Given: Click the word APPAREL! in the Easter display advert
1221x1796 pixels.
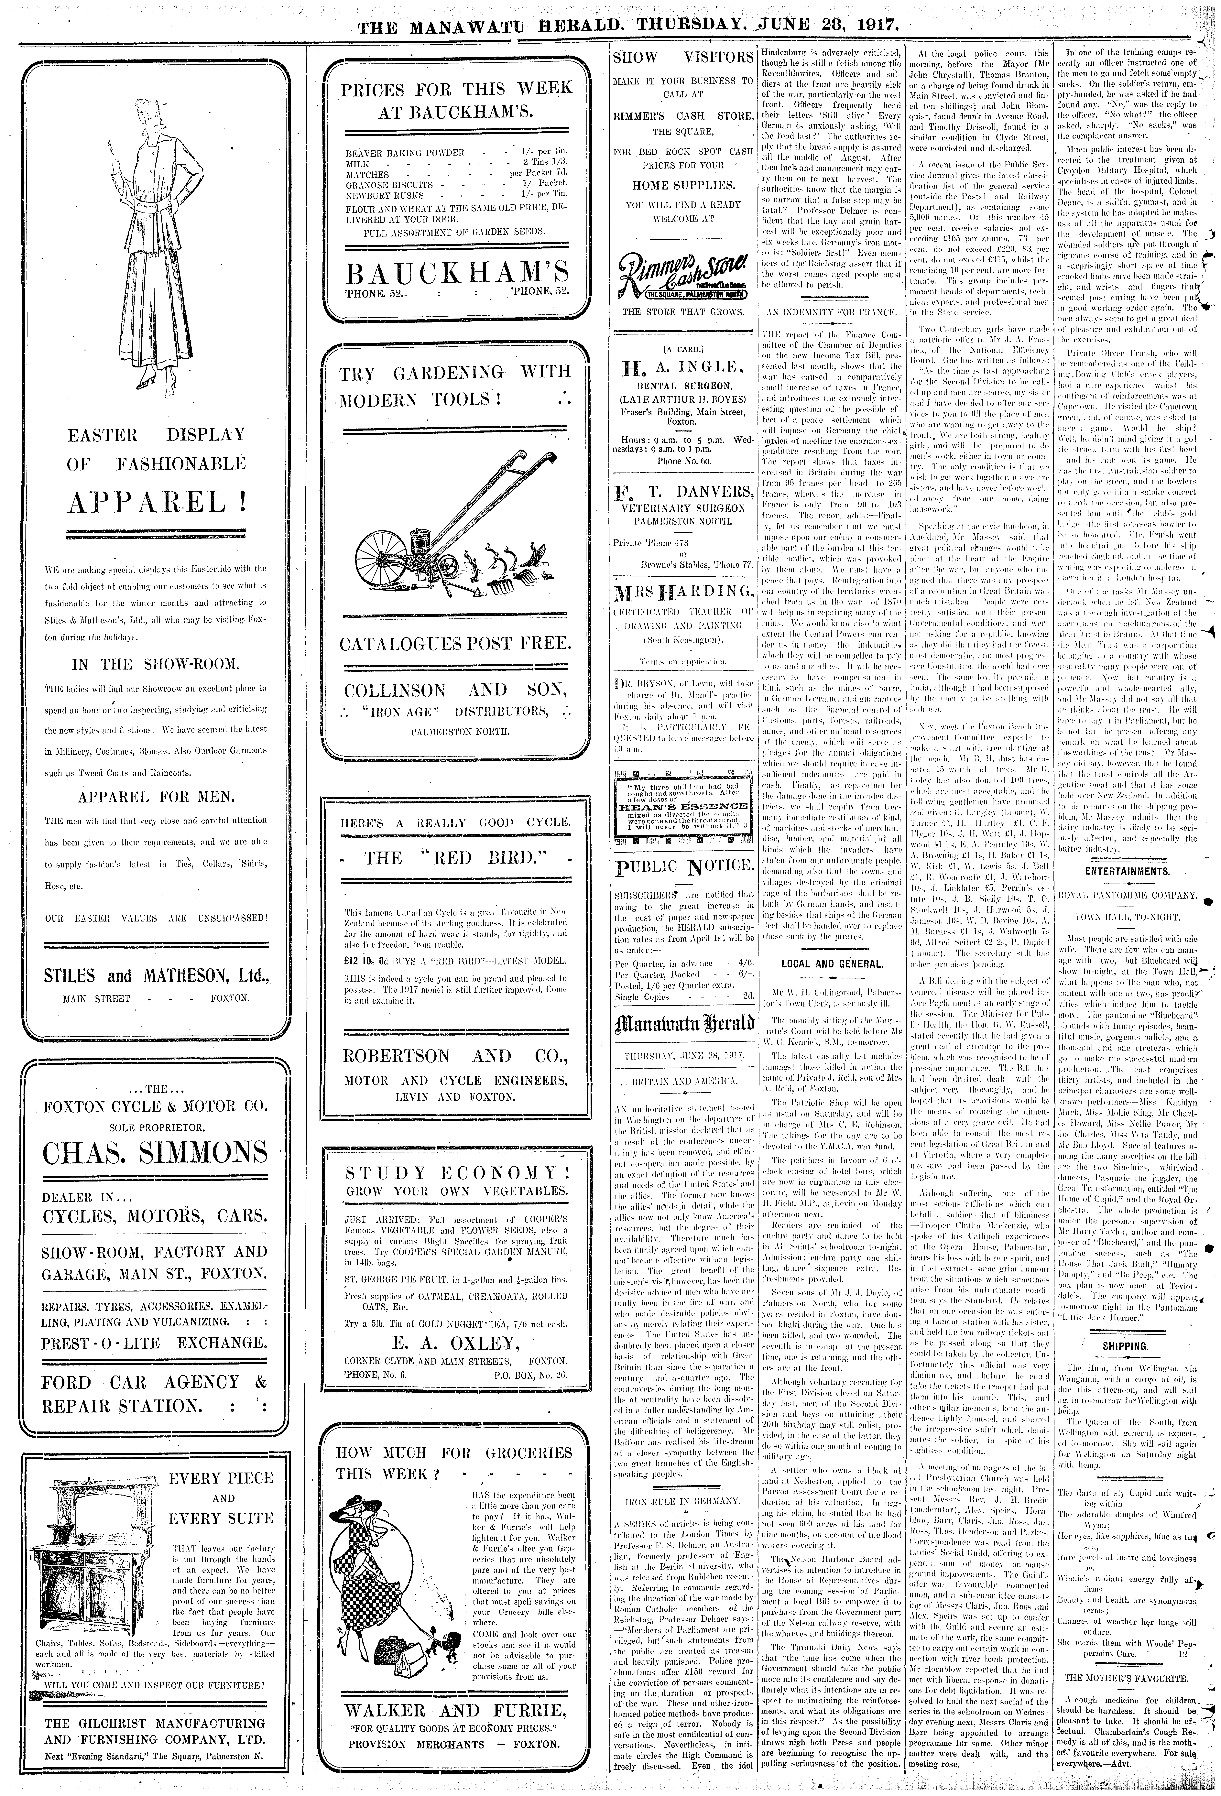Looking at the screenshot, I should pyautogui.click(x=157, y=503).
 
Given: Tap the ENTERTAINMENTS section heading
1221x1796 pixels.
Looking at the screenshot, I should pyautogui.click(x=1125, y=871).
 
